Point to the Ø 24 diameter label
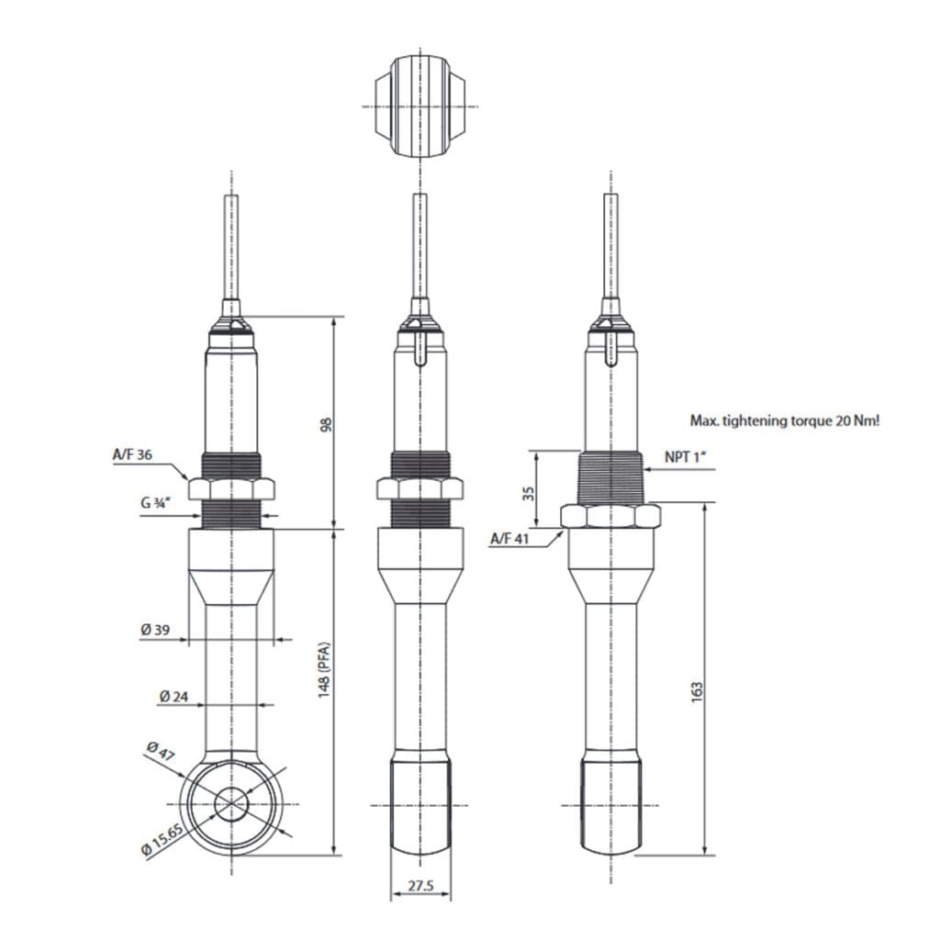173,696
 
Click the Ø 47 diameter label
160,752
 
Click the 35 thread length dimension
528,493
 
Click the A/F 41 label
509,539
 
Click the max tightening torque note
784,420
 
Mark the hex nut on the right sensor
610,516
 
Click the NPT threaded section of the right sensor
610,476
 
